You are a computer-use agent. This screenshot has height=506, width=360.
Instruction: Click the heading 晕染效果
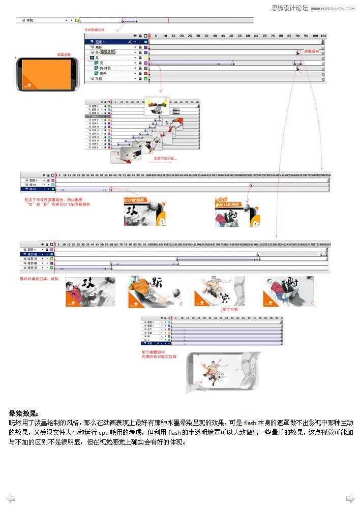(23, 413)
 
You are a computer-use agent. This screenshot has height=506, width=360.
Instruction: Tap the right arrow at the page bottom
(350, 498)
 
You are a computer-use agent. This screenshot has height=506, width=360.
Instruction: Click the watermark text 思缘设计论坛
(289, 8)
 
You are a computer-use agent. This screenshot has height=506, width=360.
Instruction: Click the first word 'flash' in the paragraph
(250, 423)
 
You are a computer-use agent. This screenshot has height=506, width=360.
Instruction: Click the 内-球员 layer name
(105, 68)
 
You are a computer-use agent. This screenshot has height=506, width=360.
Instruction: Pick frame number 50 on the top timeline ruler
(231, 36)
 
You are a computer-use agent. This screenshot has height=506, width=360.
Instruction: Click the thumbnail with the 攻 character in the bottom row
(90, 291)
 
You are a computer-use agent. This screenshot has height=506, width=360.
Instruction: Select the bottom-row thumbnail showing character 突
(220, 291)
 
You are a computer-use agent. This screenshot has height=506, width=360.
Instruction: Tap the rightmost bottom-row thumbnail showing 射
(288, 291)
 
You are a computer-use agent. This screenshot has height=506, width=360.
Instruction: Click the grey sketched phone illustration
(223, 373)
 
